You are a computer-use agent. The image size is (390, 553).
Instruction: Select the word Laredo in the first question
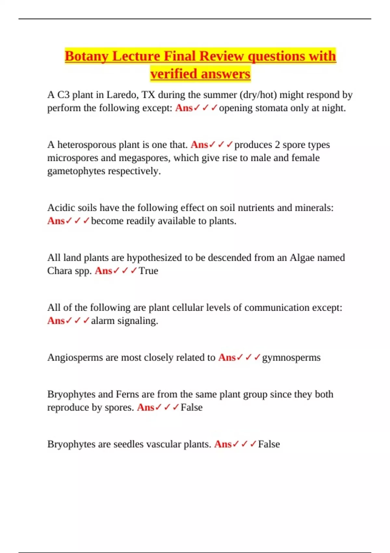tap(122, 95)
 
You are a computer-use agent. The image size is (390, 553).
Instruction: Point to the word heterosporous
tap(96, 144)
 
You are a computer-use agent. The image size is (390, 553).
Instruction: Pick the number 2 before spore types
tap(277, 144)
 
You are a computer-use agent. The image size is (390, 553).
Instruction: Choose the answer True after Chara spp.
tap(149, 271)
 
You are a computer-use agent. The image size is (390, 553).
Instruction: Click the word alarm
tap(103, 321)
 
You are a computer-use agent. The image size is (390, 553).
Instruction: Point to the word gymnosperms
tap(291, 357)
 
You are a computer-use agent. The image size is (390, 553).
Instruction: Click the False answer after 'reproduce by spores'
tap(191, 407)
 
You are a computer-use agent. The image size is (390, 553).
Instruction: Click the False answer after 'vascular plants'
tap(269, 444)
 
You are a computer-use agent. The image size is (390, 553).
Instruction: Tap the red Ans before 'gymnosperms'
tap(227, 357)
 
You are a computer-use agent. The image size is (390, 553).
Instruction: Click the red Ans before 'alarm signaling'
tap(56, 321)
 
